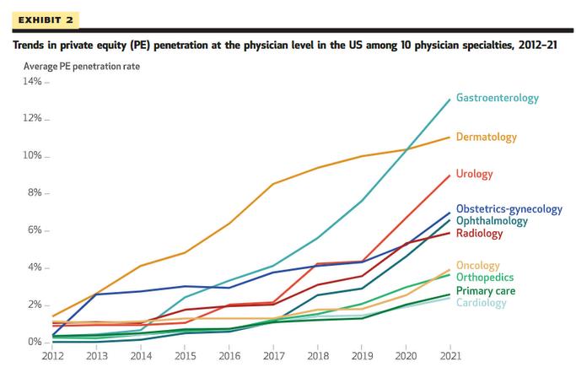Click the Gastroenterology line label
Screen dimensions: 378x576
click(x=497, y=99)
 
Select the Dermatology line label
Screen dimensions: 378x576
click(x=487, y=137)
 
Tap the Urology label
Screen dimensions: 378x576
click(x=474, y=175)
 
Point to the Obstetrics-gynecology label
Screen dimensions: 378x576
click(x=509, y=208)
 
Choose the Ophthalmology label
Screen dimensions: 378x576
click(x=492, y=220)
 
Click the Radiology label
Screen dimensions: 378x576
click(x=479, y=233)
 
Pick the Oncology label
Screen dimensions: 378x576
click(x=477, y=266)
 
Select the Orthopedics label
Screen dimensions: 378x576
click(x=484, y=278)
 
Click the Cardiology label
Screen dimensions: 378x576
click(x=481, y=302)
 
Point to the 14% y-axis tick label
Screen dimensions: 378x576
click(x=32, y=82)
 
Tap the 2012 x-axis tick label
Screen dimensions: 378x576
click(x=52, y=358)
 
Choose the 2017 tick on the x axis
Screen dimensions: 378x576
click(x=272, y=358)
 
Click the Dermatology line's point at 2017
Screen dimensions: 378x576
click(x=272, y=184)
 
